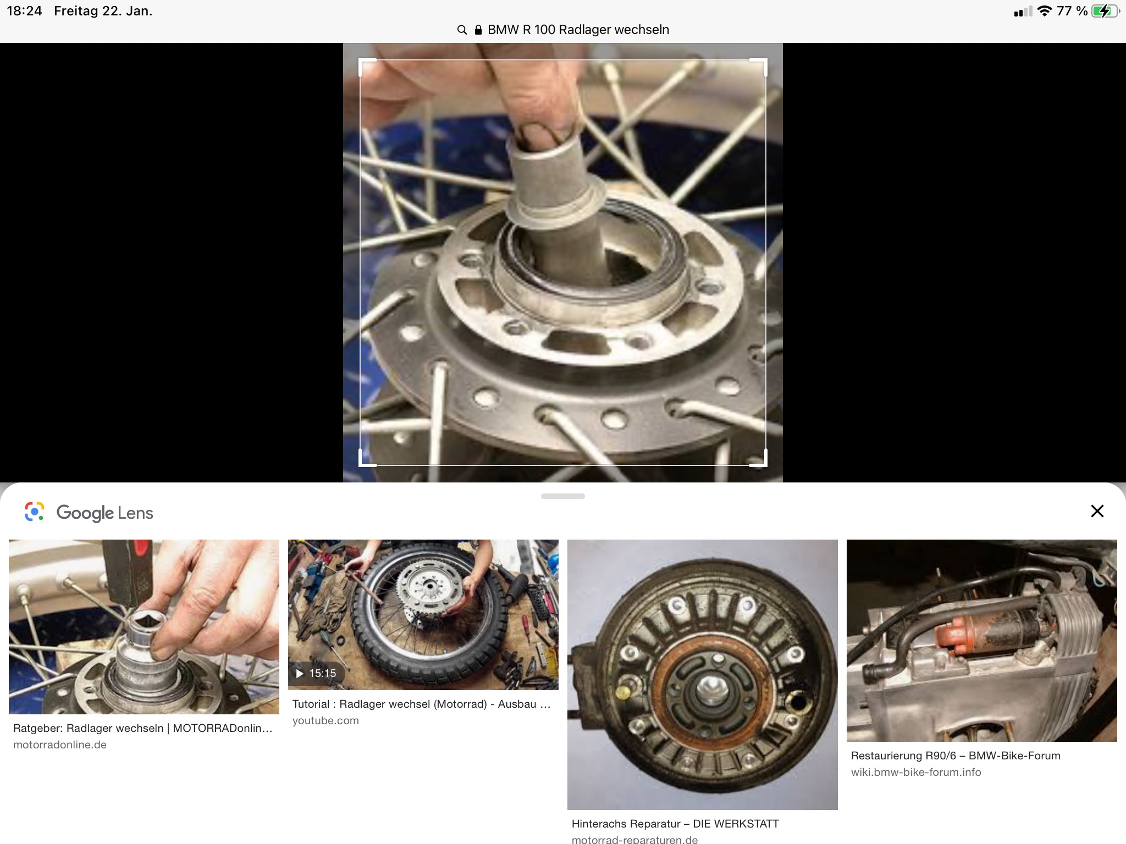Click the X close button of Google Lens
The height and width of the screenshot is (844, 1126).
pos(1097,511)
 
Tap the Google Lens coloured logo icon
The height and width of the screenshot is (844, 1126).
pos(34,512)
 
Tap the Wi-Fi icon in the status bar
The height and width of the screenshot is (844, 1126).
pos(1044,11)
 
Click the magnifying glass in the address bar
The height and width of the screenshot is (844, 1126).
pos(462,30)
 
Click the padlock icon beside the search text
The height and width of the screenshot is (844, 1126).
pos(478,30)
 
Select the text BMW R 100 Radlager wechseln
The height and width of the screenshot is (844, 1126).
pos(578,30)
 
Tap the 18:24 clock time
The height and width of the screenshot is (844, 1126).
pos(24,11)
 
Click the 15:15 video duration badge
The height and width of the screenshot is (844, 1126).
pos(316,673)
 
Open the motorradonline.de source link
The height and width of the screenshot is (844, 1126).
pos(60,745)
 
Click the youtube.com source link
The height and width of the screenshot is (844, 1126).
pos(325,720)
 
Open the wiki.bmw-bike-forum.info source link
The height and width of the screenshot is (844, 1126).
pos(916,772)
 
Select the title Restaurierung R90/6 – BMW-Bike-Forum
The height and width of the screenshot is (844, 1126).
pos(956,756)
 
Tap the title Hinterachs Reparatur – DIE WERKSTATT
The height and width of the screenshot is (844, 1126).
pos(675,824)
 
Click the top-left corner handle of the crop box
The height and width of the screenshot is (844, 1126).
pos(360,60)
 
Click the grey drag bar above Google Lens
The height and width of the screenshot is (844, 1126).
pos(563,496)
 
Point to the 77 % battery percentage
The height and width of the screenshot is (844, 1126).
pos(1072,11)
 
